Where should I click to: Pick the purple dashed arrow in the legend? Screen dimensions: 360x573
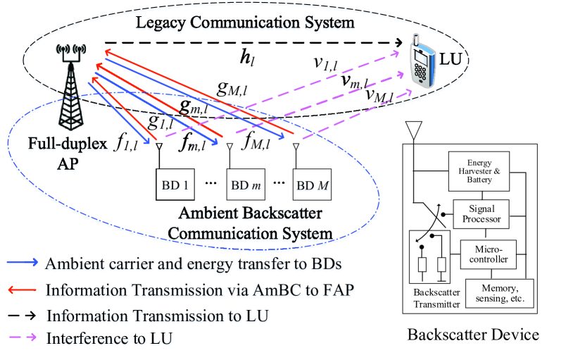coord(23,339)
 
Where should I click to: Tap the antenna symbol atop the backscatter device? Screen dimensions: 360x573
coord(414,130)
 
